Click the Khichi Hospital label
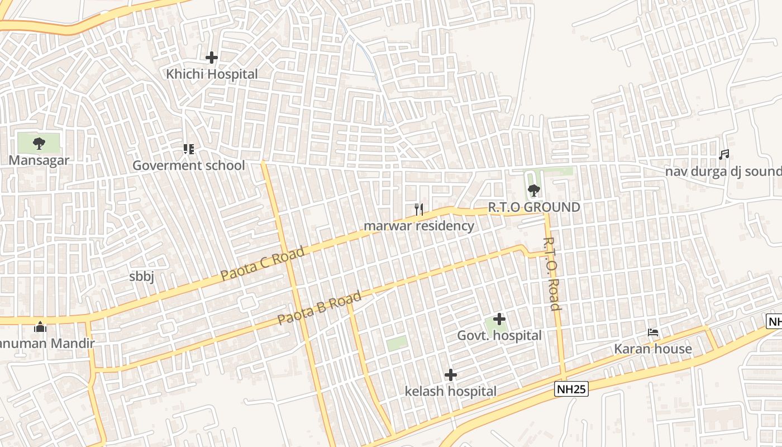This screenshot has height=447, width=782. click(212, 74)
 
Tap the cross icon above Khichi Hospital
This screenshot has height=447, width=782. click(212, 57)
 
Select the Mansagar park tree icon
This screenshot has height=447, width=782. click(39, 144)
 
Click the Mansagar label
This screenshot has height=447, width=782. click(39, 160)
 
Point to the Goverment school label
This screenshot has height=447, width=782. click(188, 165)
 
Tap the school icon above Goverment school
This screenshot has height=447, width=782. click(188, 149)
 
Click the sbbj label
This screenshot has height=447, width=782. click(141, 277)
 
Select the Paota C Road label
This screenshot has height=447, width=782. click(263, 263)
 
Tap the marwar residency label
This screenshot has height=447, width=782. click(419, 226)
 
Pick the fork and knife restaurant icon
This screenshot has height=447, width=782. click(419, 210)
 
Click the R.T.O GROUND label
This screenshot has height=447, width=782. click(534, 207)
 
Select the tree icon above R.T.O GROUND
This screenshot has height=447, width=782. click(534, 191)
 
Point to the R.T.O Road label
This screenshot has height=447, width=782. click(552, 274)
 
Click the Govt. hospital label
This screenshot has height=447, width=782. click(499, 336)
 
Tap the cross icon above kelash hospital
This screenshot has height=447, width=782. click(451, 374)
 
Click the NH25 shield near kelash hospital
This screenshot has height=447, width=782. click(571, 389)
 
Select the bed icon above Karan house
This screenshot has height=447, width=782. click(653, 332)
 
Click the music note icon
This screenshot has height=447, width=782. click(724, 154)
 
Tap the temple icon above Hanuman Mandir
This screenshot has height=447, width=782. click(40, 327)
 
